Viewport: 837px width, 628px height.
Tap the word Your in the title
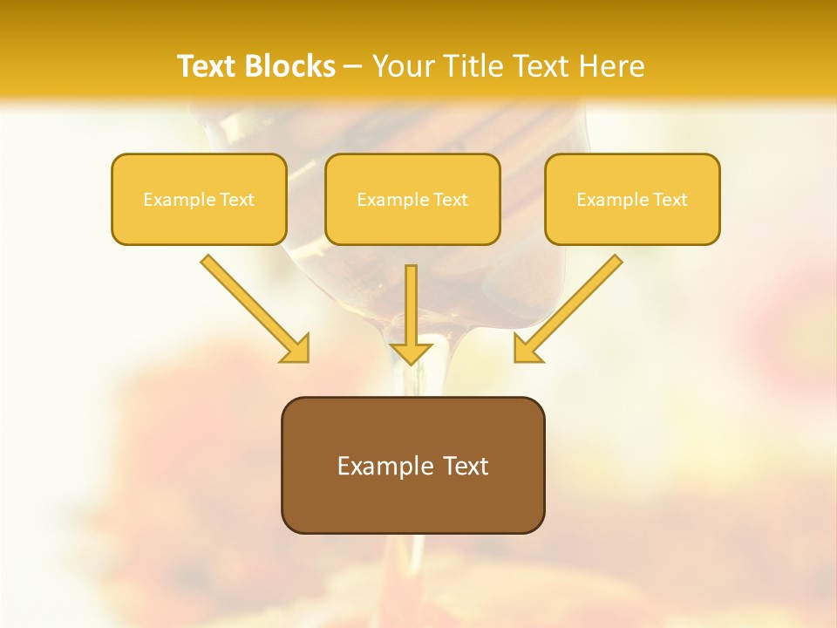coord(403,66)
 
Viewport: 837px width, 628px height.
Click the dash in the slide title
coord(353,67)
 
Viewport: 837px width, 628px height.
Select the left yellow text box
coord(199,227)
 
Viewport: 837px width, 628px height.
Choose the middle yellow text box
coord(412,227)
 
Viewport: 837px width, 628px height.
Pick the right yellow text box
coord(632,227)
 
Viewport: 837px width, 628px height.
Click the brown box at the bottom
coord(412,506)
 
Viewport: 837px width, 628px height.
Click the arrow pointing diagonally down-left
coord(575,302)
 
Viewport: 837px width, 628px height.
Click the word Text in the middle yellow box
coord(451,200)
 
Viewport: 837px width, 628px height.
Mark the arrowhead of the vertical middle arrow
coord(411,352)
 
